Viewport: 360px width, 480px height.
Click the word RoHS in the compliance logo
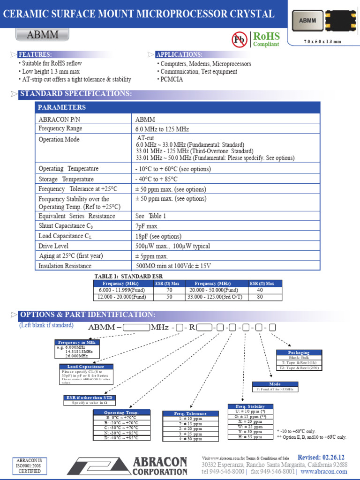coord(266,36)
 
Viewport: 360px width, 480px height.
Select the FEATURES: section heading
coord(35,54)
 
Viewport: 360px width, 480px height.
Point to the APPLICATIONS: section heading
coord(179,54)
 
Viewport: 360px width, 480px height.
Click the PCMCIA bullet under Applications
coord(172,79)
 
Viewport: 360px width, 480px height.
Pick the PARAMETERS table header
coord(62,107)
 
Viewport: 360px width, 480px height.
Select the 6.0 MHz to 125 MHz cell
coord(162,129)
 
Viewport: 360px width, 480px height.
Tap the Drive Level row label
coord(53,246)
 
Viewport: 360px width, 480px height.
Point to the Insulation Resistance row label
coord(65,266)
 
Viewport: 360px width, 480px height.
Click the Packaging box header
coord(299,352)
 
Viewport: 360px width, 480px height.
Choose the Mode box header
coord(275,384)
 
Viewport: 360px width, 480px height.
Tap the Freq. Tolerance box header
coord(190,413)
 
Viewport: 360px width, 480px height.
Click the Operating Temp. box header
coord(121,412)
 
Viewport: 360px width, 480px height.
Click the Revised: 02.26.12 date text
coord(321,457)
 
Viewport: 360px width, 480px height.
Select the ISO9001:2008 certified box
coord(29,465)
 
